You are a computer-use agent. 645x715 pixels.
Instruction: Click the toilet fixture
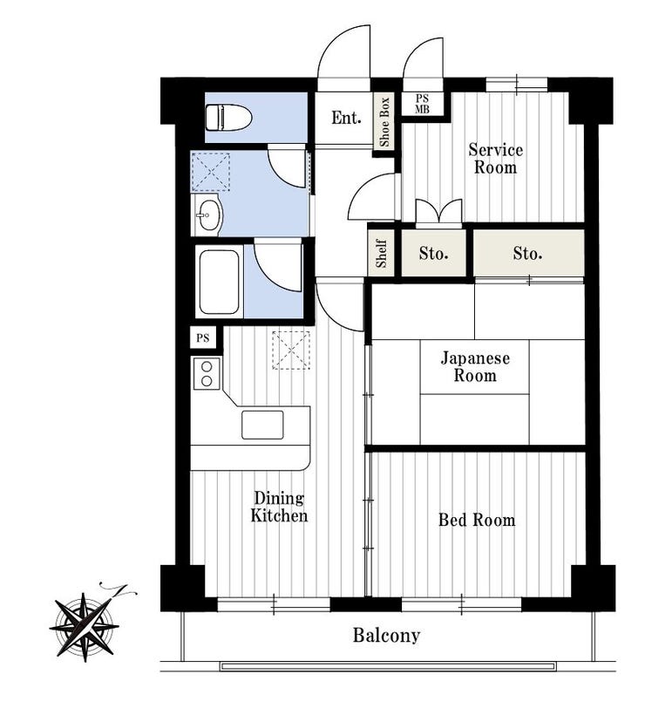pos(228,118)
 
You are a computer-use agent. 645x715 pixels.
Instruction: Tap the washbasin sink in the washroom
pos(207,214)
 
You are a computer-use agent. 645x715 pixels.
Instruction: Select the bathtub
pos(219,282)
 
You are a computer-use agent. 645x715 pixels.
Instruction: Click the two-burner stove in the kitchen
pos(207,373)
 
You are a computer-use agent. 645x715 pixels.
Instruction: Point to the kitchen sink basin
pos(262,425)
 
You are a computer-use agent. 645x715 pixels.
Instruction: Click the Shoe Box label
pos(384,121)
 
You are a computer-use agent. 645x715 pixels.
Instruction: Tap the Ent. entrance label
pos(346,118)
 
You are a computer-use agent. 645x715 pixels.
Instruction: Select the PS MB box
pos(422,104)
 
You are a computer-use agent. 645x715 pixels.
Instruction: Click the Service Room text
pos(495,158)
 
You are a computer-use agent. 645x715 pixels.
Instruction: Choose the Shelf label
pos(381,254)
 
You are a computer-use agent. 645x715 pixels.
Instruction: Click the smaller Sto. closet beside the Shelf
pos(433,253)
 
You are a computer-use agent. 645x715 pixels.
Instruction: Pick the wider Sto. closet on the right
pos(529,253)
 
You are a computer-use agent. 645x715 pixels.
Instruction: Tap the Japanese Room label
pos(475,366)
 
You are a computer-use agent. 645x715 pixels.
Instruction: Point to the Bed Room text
pos(477,520)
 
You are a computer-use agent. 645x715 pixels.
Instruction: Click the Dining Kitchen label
pos(279,507)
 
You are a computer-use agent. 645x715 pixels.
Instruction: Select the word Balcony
pos(386,635)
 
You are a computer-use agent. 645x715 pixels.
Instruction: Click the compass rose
pos(85,626)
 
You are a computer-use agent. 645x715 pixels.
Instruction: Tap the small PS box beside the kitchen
pos(203,338)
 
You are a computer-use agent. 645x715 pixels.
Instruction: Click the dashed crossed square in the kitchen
pos(291,351)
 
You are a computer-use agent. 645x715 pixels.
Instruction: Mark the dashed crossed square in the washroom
pos(211,172)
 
